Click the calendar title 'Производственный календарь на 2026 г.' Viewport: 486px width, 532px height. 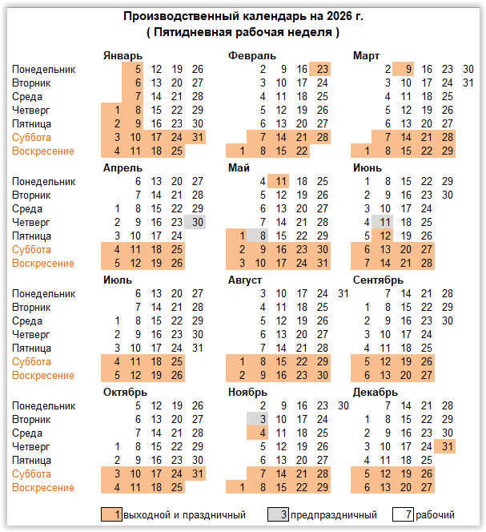[x=243, y=16]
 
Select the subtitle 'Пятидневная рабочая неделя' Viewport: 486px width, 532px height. [x=243, y=32]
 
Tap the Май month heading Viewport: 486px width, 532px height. [x=239, y=167]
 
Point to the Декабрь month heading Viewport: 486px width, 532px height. [x=375, y=392]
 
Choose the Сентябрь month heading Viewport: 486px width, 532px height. [x=378, y=280]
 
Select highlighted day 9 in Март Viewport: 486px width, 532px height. [x=408, y=69]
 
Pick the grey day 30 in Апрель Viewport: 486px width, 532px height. [x=197, y=222]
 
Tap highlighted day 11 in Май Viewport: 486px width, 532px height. [x=281, y=181]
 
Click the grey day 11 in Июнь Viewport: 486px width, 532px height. [x=386, y=222]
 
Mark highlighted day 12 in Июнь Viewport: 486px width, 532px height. [x=386, y=236]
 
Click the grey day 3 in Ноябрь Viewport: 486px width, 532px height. [x=261, y=419]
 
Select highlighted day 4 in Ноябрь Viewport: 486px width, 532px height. [x=261, y=433]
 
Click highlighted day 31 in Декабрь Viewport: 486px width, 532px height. [x=448, y=446]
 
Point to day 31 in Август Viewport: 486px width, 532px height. [x=343, y=293]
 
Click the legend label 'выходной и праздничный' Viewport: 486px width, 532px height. [x=184, y=514]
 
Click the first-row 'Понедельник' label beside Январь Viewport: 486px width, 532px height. [x=44, y=69]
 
